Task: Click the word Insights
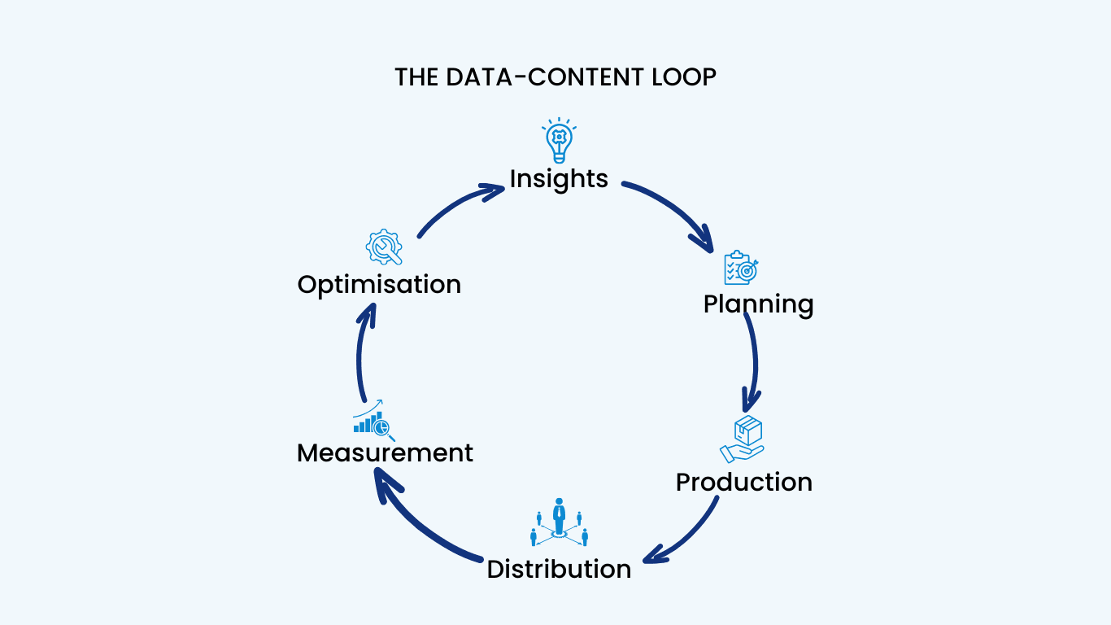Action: [559, 178]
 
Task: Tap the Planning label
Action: [758, 304]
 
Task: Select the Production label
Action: [743, 482]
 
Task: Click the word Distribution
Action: [559, 569]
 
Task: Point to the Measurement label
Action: [385, 452]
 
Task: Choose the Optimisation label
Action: [379, 285]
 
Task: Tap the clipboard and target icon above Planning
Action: [740, 268]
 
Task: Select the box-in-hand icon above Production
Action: [742, 439]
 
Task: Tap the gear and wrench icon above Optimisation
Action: [384, 247]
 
